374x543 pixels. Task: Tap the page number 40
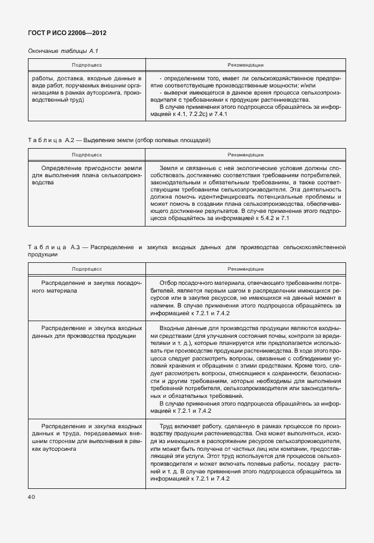tap(32, 496)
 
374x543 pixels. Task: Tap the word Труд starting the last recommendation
tap(167, 426)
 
